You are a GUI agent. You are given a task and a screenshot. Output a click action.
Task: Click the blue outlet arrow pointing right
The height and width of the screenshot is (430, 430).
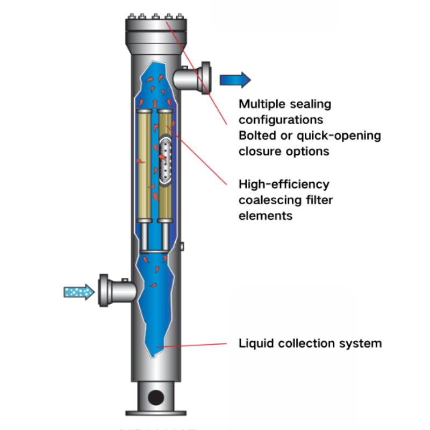[235, 80]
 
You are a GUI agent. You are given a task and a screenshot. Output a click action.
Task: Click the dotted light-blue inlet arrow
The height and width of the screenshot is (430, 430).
[78, 292]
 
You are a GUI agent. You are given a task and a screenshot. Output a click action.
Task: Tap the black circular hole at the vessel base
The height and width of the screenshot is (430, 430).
[156, 397]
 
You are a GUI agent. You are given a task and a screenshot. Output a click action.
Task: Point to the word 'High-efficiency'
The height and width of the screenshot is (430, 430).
[284, 184]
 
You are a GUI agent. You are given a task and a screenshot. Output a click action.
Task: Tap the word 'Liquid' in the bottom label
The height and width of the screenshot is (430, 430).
[255, 343]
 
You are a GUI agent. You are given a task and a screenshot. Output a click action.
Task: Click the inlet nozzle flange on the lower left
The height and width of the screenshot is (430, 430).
[104, 290]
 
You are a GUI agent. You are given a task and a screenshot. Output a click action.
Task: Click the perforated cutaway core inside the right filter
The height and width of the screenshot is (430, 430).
[165, 158]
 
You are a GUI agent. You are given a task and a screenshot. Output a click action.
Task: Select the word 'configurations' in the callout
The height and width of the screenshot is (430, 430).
[280, 119]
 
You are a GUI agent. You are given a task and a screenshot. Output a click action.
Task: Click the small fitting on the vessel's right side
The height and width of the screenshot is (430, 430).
[183, 246]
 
